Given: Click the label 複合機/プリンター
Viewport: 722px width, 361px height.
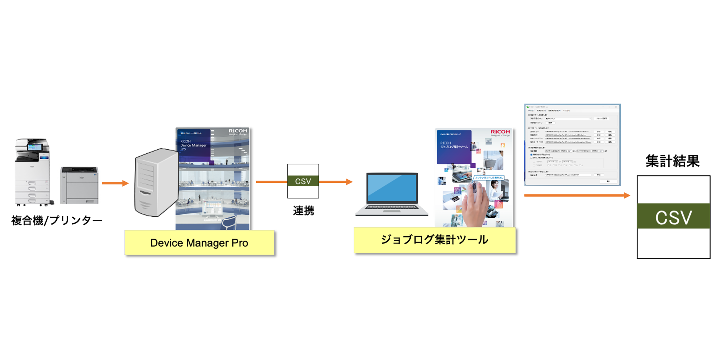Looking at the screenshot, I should (x=57, y=220).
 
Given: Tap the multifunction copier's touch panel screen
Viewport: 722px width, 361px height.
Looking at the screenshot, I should (x=34, y=147).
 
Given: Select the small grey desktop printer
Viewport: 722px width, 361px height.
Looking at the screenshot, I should (x=79, y=185).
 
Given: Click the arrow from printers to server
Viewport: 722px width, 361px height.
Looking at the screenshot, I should (x=115, y=183).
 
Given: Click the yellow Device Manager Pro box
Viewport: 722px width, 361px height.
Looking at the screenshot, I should (x=199, y=243).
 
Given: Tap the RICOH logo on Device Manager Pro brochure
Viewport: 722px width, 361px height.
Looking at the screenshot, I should (x=238, y=131).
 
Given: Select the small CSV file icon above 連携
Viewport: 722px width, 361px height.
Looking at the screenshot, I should (x=303, y=181).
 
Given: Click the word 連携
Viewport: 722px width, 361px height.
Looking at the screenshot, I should (x=304, y=211).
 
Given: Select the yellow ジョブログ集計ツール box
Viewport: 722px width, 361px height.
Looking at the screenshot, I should (x=434, y=240).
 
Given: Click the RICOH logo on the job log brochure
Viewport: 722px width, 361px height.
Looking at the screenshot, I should (x=500, y=132).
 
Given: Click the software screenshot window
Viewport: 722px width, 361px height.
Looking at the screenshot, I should (x=572, y=145).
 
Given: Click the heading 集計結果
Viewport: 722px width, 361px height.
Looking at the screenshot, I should (x=672, y=161).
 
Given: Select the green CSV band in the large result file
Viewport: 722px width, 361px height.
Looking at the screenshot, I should (x=673, y=216).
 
